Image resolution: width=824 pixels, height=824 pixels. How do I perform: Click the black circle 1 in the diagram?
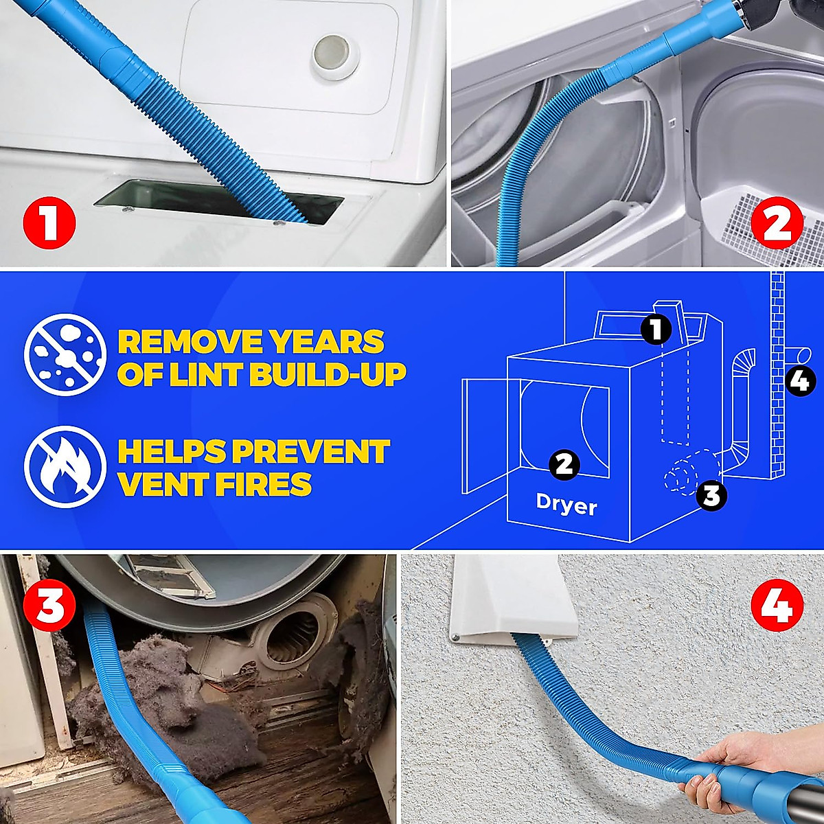pyautogui.click(x=656, y=330)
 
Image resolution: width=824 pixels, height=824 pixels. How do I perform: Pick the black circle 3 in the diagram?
pyautogui.click(x=711, y=495)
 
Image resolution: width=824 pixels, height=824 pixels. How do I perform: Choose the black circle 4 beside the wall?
pyautogui.click(x=799, y=380)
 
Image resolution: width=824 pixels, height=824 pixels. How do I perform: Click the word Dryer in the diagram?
pyautogui.click(x=566, y=506)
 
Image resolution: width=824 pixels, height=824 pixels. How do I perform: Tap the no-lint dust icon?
pyautogui.click(x=65, y=354)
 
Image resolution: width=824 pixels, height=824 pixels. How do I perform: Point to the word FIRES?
pyautogui.click(x=264, y=484)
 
